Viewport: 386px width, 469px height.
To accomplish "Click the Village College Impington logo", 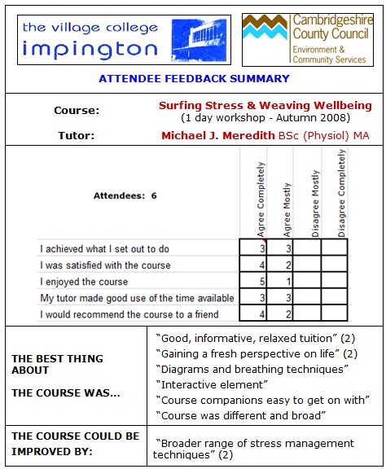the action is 124,39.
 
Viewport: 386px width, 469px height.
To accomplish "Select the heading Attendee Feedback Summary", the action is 194,79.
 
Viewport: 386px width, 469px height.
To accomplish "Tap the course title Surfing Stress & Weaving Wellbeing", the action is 265,106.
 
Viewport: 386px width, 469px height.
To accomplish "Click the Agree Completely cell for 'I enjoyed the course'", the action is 253,281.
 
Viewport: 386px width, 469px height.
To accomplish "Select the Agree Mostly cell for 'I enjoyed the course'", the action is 279,281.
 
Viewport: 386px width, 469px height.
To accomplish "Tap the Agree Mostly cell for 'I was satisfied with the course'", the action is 279,265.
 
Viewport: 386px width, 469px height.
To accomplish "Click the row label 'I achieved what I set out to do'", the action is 104,249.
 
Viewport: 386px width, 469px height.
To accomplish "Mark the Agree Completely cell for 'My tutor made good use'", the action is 253,298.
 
